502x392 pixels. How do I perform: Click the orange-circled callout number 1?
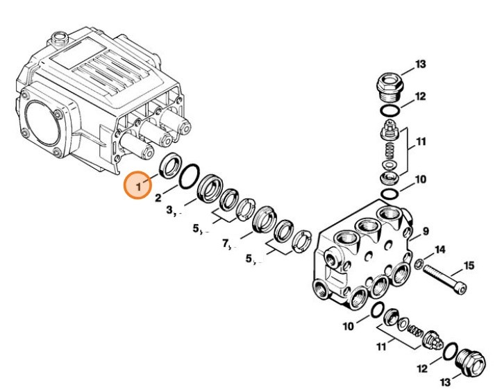coord(138,186)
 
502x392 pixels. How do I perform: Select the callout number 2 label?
coord(158,198)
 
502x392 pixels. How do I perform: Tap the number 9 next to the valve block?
coord(426,231)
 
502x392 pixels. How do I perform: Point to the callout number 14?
coord(440,250)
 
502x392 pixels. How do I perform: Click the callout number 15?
coord(469,265)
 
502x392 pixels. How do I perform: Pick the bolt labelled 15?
coord(444,279)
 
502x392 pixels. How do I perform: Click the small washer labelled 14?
coord(419,264)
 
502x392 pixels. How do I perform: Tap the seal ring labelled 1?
coord(170,165)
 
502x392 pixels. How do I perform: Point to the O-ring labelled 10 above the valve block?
coord(390,194)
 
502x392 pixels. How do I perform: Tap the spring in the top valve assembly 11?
coord(389,151)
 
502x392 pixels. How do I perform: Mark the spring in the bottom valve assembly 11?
coord(415,332)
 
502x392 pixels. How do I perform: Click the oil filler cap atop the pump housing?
coord(58,39)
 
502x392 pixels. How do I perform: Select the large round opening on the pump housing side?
coord(42,123)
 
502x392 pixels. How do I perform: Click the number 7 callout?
coord(226,244)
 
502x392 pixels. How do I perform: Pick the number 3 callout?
coord(169,210)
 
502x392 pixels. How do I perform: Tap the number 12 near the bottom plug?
coord(422,369)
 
